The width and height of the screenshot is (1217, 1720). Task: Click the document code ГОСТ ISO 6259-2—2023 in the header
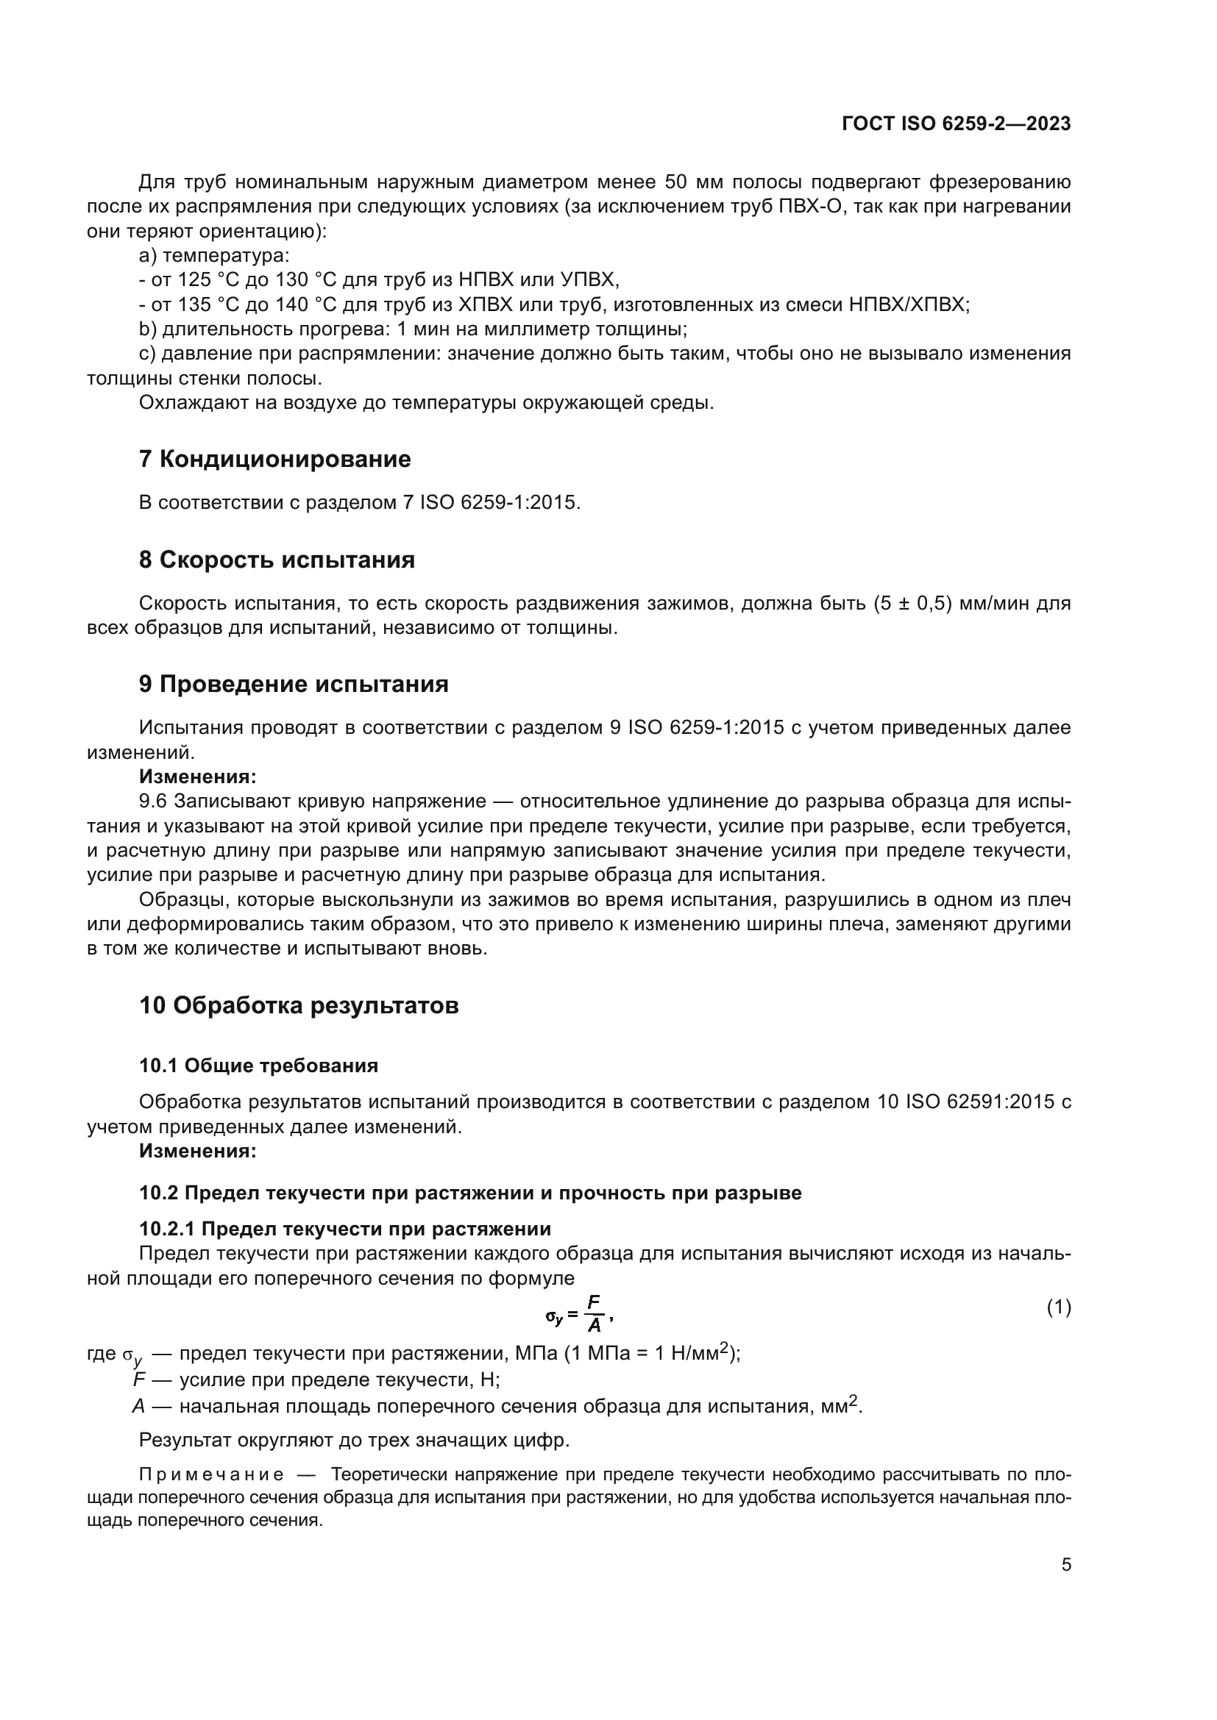pos(957,124)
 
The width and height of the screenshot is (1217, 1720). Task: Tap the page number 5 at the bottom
pos(1065,1565)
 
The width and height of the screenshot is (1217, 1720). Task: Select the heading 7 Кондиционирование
pos(274,458)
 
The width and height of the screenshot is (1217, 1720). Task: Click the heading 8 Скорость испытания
pos(277,560)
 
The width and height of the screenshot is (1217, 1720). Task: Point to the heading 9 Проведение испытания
pos(293,684)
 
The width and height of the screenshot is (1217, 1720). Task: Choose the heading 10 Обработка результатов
pos(298,1005)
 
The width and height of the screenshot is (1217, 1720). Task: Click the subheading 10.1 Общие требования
pos(258,1066)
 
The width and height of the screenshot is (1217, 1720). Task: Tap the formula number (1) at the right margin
pos(1058,1307)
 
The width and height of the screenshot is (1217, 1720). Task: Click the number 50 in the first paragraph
pos(676,182)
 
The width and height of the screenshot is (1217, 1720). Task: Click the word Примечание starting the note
pos(210,1475)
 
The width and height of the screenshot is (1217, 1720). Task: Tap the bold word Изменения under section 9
pos(198,777)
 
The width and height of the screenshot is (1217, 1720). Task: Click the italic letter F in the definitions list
pos(138,1380)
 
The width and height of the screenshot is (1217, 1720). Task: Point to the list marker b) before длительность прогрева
pos(148,329)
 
